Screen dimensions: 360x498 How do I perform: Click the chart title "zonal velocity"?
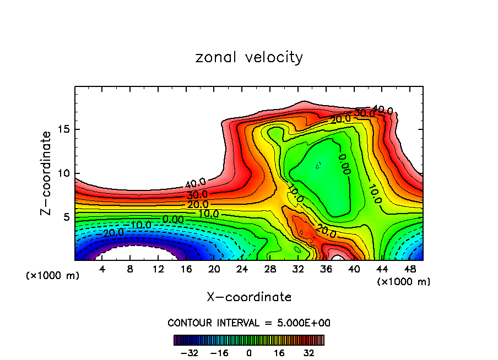click(249, 57)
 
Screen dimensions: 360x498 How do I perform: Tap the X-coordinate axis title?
click(249, 297)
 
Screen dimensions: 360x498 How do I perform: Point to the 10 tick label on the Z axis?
click(61, 173)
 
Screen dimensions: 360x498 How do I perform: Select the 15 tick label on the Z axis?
click(61, 130)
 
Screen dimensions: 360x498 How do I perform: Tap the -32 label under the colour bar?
click(190, 353)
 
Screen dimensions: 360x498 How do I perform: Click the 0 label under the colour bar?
click(249, 353)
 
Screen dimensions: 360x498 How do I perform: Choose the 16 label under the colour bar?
click(279, 353)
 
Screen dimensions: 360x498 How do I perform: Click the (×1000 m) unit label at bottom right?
click(403, 282)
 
